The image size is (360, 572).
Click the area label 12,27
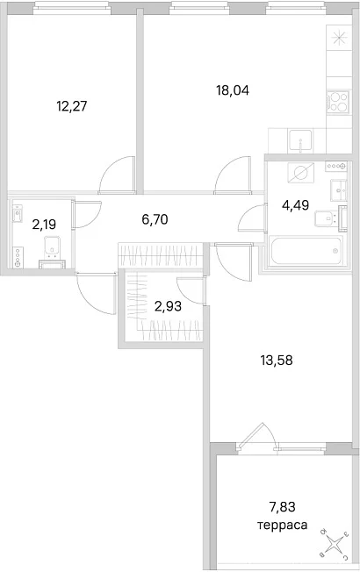[x=72, y=106]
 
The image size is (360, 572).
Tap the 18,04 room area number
[x=233, y=90]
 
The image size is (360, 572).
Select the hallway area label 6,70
[x=155, y=219]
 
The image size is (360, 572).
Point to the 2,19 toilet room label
[x=44, y=225]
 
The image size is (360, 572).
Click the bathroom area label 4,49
[x=295, y=205]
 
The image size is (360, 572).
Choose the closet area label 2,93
[x=168, y=306]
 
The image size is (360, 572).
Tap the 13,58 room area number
[x=277, y=361]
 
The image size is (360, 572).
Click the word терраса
[x=282, y=526]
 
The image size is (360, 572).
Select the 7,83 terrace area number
[x=282, y=507]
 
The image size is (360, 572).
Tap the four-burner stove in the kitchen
[x=338, y=102]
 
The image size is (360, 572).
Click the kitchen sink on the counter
[x=300, y=141]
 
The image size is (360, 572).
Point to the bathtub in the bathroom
[x=306, y=250]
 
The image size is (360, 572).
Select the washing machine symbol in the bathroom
[x=301, y=173]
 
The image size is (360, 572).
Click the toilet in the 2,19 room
[x=53, y=249]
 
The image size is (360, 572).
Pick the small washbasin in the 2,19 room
[x=18, y=213]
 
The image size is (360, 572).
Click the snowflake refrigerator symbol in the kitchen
[x=338, y=37]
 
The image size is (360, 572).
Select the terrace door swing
[x=258, y=434]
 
